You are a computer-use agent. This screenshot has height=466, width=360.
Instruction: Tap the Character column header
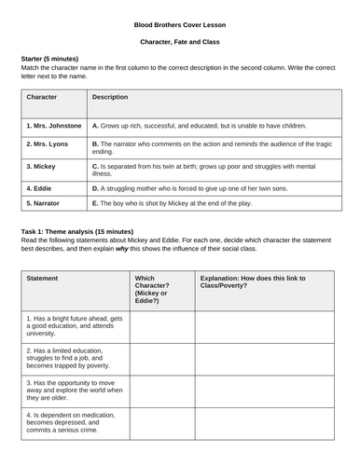(x=43, y=96)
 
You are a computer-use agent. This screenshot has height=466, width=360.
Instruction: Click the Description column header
(x=110, y=96)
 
